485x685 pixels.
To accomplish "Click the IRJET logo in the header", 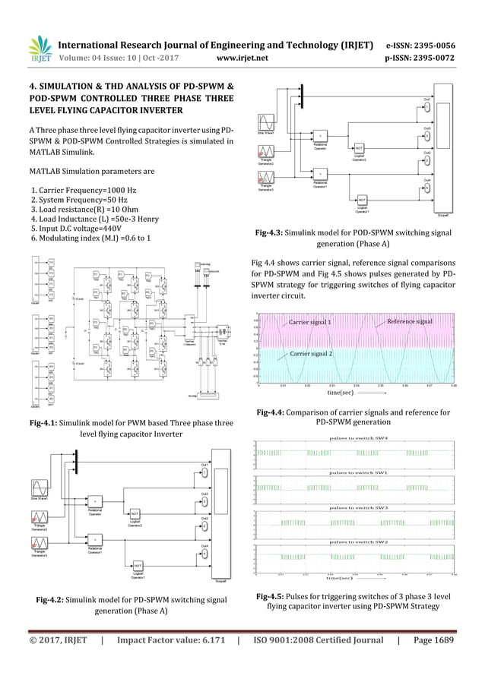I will point(40,49).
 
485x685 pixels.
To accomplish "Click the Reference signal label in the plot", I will point(410,322).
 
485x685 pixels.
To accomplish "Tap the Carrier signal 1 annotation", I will point(309,323).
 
